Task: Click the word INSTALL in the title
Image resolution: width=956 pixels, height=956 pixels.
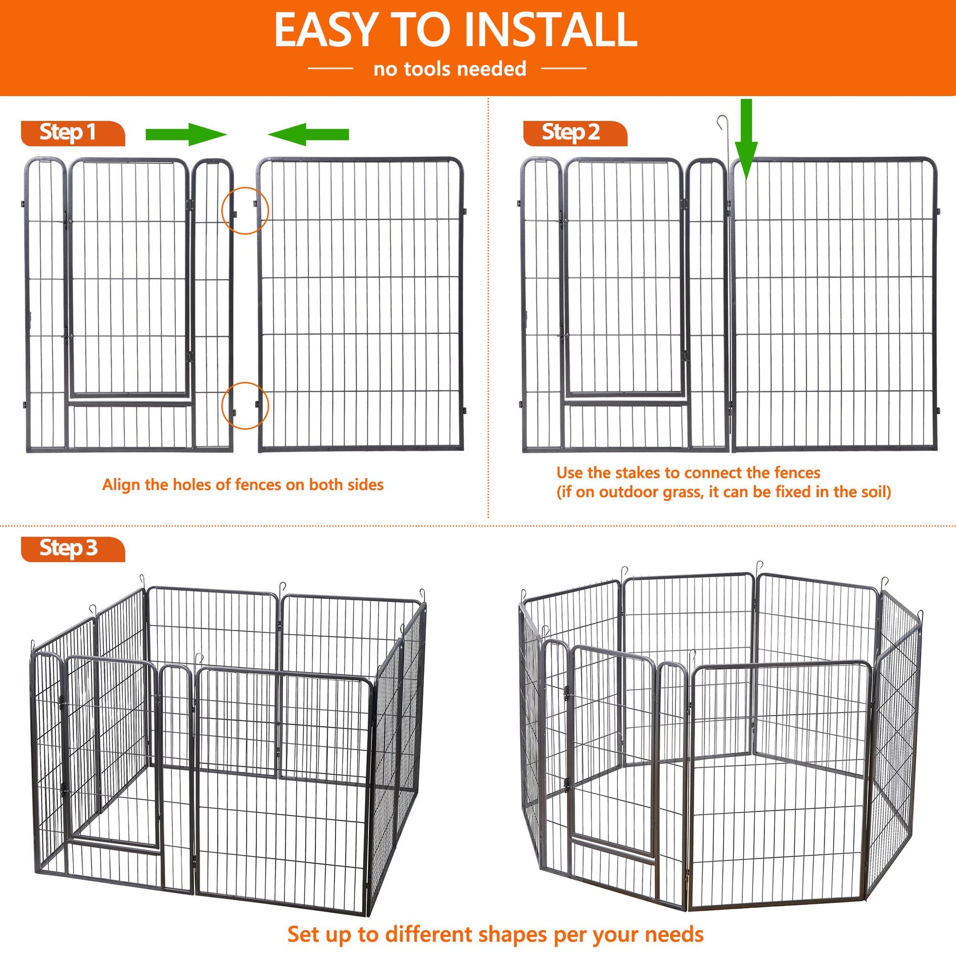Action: [551, 30]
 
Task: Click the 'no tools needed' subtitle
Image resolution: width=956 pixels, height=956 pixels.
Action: [450, 69]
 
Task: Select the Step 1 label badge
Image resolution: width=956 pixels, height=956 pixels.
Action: [73, 133]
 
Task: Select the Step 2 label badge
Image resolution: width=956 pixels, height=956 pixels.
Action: [575, 133]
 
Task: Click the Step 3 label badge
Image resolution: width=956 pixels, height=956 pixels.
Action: [73, 549]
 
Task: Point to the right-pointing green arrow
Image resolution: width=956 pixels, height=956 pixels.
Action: [186, 135]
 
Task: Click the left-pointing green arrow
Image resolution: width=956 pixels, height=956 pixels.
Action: [309, 135]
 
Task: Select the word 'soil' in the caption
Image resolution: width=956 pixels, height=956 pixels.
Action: [875, 492]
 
